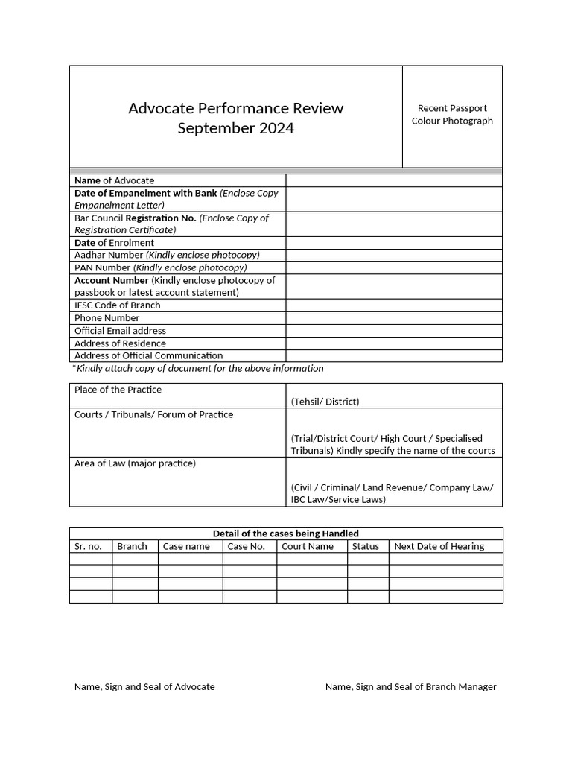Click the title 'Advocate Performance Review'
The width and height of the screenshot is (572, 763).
pyautogui.click(x=235, y=108)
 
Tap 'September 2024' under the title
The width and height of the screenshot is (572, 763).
pyautogui.click(x=235, y=128)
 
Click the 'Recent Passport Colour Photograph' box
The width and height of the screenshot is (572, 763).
pyautogui.click(x=452, y=115)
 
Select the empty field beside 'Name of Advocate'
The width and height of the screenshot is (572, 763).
pyautogui.click(x=393, y=180)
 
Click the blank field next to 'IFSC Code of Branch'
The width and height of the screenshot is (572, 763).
pyautogui.click(x=393, y=305)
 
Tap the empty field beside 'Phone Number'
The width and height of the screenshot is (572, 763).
pyautogui.click(x=393, y=318)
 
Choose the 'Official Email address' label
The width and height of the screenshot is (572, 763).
pyautogui.click(x=120, y=331)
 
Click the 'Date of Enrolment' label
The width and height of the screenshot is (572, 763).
pyautogui.click(x=114, y=243)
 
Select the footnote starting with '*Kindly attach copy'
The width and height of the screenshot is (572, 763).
pyautogui.click(x=197, y=368)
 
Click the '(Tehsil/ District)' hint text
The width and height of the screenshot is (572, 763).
pyautogui.click(x=325, y=402)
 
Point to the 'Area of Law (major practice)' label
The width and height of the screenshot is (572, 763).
pyautogui.click(x=135, y=463)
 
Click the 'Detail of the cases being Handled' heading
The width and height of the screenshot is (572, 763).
pyautogui.click(x=286, y=534)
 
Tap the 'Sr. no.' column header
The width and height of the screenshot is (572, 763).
pyautogui.click(x=88, y=546)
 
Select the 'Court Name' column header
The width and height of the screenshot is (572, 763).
pyautogui.click(x=308, y=546)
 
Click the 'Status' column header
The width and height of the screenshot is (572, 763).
pyautogui.click(x=365, y=546)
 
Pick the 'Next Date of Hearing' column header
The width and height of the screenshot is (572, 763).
pyautogui.click(x=439, y=546)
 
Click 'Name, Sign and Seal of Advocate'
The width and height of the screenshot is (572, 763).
pyautogui.click(x=144, y=686)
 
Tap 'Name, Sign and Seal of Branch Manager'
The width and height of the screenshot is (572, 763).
pyautogui.click(x=410, y=686)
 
